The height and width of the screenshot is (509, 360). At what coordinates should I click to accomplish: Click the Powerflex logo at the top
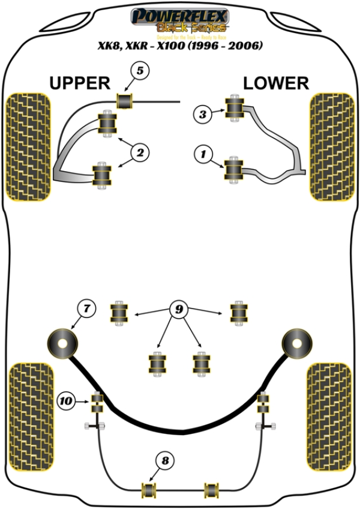180,16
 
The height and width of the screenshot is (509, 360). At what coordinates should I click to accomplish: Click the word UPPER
79,83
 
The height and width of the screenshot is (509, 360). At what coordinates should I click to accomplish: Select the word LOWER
276,83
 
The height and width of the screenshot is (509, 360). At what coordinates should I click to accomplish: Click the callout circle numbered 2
139,154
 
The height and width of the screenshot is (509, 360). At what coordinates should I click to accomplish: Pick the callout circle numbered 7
87,309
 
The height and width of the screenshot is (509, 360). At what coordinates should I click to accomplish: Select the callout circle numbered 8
166,461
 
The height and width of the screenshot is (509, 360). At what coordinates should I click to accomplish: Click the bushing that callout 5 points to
125,101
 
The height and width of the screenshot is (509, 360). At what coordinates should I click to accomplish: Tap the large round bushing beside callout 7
63,343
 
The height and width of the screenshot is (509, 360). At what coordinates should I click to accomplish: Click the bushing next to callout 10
97,402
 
